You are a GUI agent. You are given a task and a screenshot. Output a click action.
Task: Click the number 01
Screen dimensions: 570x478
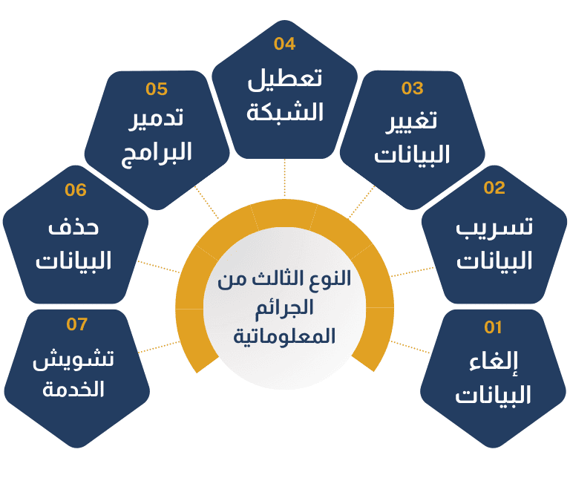(x=493, y=327)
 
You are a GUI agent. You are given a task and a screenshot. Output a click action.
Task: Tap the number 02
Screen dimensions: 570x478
(x=494, y=188)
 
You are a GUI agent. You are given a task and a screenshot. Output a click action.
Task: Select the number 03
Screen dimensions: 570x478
(x=413, y=88)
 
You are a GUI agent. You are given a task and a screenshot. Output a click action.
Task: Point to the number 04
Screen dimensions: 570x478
(x=285, y=44)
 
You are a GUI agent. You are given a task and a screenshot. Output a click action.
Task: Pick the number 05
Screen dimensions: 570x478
(x=157, y=88)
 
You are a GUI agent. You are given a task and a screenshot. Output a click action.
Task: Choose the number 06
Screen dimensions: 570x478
(x=76, y=190)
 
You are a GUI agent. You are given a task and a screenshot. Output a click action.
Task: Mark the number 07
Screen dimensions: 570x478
(x=77, y=324)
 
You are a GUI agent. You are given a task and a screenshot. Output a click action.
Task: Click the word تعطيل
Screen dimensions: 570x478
(x=285, y=79)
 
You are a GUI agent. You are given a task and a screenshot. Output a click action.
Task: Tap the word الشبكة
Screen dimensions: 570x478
(x=285, y=111)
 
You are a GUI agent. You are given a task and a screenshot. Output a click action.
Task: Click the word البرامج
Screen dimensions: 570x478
(x=157, y=153)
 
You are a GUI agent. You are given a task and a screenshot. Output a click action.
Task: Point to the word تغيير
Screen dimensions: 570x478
(x=412, y=122)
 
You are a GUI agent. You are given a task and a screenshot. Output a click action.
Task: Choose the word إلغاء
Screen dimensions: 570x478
(x=494, y=362)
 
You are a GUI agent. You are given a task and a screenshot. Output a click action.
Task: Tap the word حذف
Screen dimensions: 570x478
(x=73, y=228)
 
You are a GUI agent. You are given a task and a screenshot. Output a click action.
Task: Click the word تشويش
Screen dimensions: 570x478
(x=73, y=358)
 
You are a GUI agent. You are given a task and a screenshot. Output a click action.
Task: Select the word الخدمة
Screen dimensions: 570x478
(x=73, y=389)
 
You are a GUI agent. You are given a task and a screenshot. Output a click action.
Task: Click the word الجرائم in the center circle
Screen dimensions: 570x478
(x=284, y=309)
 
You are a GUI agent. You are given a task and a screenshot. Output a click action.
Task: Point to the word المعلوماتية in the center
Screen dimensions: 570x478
(x=284, y=335)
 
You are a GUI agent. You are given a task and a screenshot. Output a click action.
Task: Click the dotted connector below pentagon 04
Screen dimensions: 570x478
(x=285, y=178)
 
